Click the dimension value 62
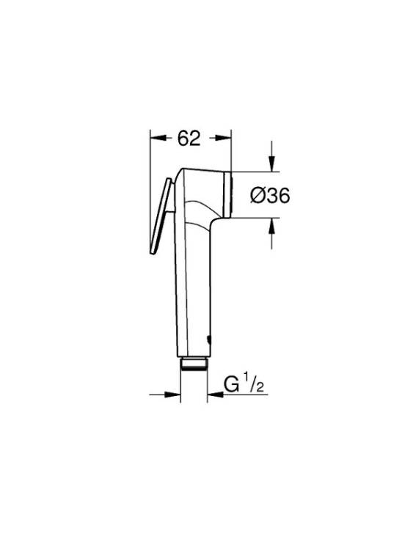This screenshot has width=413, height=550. coord(189,138)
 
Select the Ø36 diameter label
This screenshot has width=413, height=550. coord(270,195)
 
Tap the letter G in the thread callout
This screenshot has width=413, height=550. coord(232,384)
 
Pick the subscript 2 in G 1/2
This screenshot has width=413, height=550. coord(260,387)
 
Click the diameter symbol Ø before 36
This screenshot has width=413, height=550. coord(258,195)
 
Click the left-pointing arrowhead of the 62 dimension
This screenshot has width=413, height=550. coord(158,138)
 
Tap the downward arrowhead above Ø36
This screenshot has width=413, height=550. coord(272,164)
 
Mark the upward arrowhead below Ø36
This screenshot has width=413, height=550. coord(272,227)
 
